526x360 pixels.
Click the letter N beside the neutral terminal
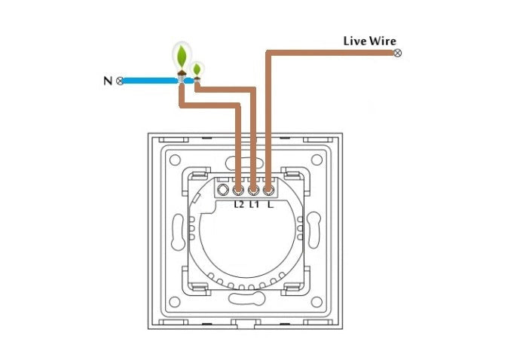pos(106,80)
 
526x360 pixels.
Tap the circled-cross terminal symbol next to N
pos(120,80)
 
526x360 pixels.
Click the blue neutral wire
pos(151,80)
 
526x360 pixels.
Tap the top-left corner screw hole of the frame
pos(175,160)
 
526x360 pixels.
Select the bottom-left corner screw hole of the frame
pos(175,302)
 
